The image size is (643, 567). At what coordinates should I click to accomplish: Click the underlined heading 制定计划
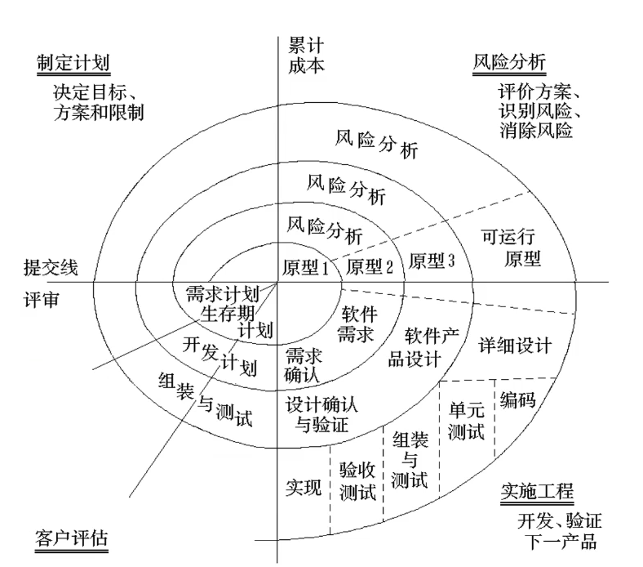73,64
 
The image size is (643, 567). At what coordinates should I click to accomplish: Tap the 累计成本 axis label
306,56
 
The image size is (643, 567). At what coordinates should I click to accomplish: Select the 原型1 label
305,266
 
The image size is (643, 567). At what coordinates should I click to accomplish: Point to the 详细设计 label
515,345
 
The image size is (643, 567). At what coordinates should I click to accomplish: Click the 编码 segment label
519,400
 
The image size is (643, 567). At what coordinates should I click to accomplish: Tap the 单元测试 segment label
467,421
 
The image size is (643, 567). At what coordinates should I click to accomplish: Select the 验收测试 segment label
357,481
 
